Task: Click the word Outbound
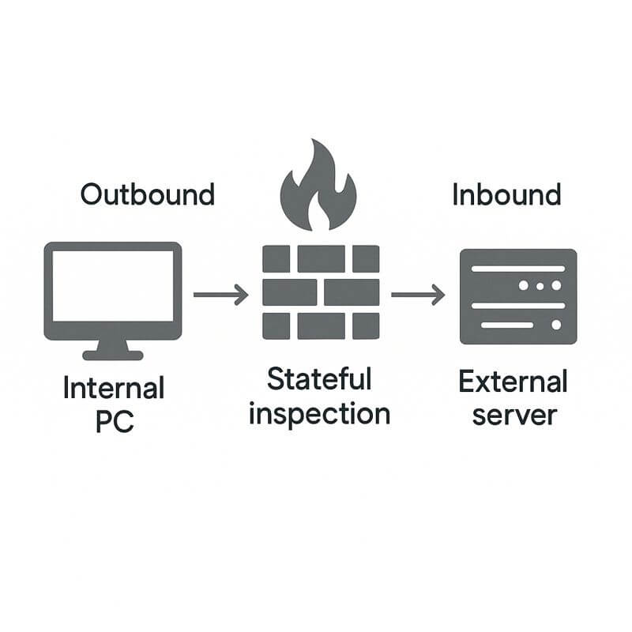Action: coord(147,194)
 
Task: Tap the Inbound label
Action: coord(506,194)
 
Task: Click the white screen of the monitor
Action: coord(113,285)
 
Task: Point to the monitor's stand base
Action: coord(113,355)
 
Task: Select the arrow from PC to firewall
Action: coord(220,295)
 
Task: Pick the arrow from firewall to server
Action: coord(418,295)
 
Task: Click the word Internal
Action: coord(113,389)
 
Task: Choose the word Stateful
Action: coord(319,380)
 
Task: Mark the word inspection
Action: coord(319,414)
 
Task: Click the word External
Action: coord(513,382)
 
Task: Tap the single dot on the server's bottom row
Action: coord(556,325)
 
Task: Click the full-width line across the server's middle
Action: coord(517,305)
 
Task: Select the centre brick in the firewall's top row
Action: coord(321,258)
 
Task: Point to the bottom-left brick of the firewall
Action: coord(276,325)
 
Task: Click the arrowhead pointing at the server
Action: coord(438,295)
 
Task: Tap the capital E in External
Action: coord(466,382)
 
